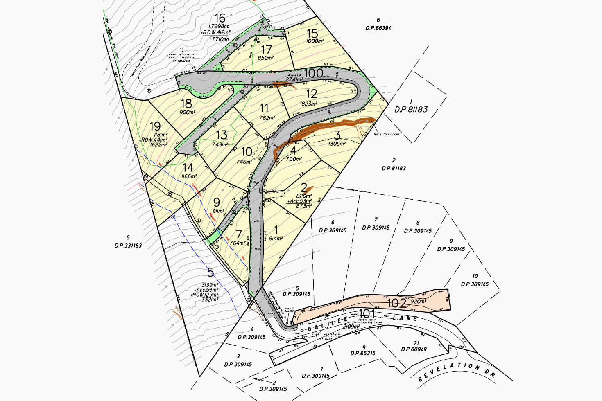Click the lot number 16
click(220, 18)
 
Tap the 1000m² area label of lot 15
click(315, 41)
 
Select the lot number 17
click(266, 50)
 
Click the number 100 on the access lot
click(314, 73)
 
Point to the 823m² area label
click(309, 104)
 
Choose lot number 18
click(186, 104)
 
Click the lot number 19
click(155, 126)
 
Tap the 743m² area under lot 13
click(220, 144)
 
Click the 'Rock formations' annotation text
click(387, 134)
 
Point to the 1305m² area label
click(337, 144)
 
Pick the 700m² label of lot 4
click(294, 159)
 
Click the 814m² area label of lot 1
click(276, 239)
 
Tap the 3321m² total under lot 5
click(210, 300)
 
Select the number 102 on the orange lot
click(396, 303)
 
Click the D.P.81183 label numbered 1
click(411, 110)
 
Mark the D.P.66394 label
click(378, 28)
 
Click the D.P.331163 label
click(128, 246)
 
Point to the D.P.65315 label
click(362, 353)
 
